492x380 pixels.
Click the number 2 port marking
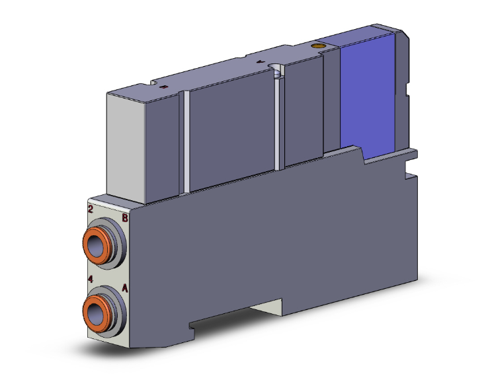[x=91, y=210]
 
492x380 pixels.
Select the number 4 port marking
[x=91, y=280]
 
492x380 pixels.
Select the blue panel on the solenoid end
[x=368, y=93]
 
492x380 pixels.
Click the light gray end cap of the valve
[x=126, y=145]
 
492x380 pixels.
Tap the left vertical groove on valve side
[x=186, y=139]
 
